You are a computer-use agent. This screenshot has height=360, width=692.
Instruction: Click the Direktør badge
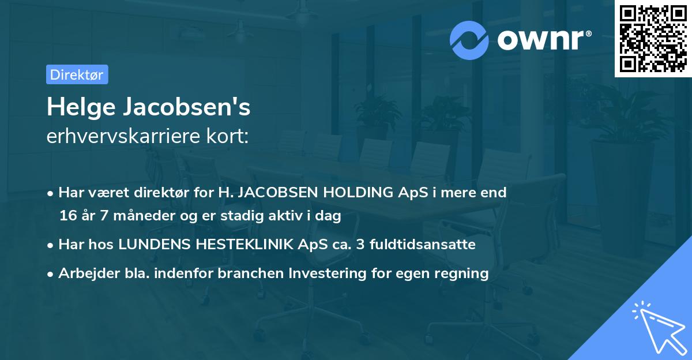pos(77,74)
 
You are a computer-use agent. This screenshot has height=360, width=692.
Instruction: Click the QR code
pos(653,39)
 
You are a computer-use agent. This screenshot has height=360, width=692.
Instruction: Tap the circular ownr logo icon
pos(469,40)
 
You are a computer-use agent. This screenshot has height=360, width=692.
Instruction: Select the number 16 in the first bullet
pos(67,216)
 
